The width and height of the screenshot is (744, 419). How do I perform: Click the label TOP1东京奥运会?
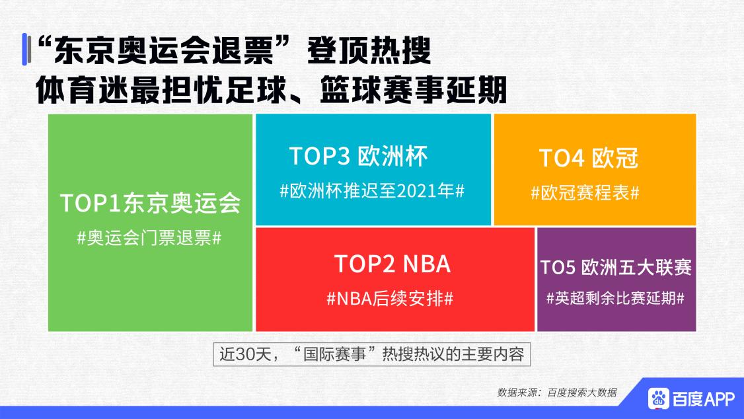[149, 203]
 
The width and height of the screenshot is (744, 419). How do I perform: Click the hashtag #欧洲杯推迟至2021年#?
[373, 190]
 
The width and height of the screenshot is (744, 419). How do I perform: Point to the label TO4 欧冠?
[588, 159]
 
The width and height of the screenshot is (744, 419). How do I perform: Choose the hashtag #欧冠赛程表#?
[585, 193]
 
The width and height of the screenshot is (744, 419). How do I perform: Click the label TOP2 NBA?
[392, 264]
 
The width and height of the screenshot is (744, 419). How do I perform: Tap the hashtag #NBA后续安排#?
[390, 298]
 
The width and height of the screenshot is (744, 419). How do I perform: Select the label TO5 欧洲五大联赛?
[616, 268]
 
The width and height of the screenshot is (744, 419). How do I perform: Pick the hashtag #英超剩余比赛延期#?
[615, 298]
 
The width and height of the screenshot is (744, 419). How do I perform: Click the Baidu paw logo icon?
[658, 398]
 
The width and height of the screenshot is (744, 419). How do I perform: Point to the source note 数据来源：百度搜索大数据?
[556, 392]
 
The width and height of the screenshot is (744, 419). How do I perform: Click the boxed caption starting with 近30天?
[371, 354]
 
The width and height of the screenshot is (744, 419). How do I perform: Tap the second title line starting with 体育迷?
[271, 89]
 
